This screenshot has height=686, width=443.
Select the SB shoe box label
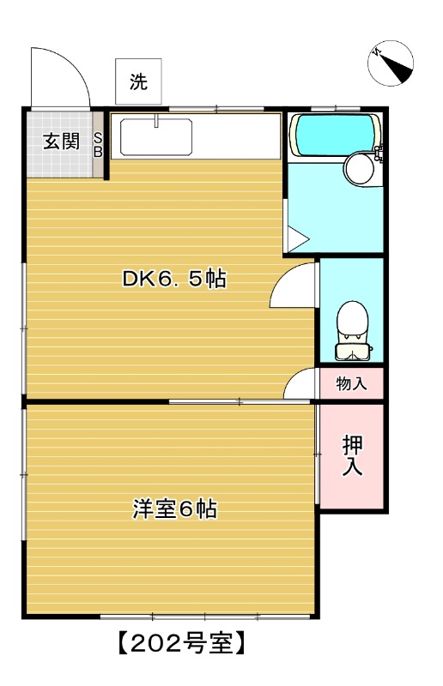pyautogui.click(x=98, y=145)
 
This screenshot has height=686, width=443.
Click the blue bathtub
pyautogui.click(x=335, y=133)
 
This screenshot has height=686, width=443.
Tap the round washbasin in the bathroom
pyautogui.click(x=361, y=167)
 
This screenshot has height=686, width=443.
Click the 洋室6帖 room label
pyautogui.click(x=173, y=508)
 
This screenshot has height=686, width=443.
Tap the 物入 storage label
pyautogui.click(x=351, y=383)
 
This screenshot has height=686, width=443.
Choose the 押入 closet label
pyautogui.click(x=352, y=456)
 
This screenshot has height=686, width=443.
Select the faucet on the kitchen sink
pyautogui.click(x=156, y=120)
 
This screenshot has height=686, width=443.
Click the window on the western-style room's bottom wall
pyautogui.click(x=206, y=617)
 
